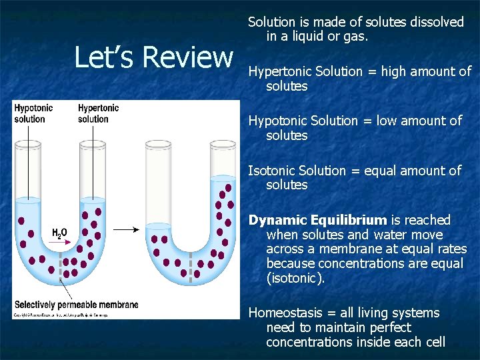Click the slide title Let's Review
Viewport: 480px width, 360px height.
click(153, 57)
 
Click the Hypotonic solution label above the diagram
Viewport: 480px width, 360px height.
click(33, 113)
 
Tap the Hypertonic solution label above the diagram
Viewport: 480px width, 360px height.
click(98, 113)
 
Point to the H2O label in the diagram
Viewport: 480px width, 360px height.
click(59, 233)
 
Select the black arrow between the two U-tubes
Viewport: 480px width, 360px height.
click(125, 230)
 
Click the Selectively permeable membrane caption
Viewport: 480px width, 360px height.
click(76, 305)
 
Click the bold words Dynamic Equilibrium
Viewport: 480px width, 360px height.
click(317, 220)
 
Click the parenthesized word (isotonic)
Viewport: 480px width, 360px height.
click(295, 278)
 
